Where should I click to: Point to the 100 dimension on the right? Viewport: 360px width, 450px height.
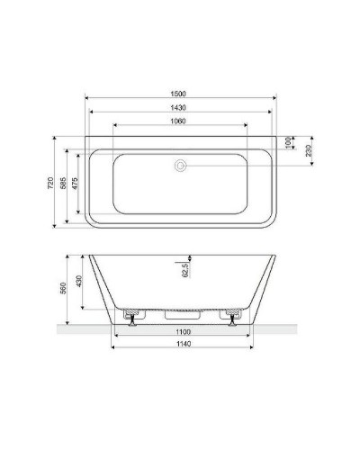tap(289, 142)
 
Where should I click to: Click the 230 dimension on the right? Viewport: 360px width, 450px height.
tap(309, 150)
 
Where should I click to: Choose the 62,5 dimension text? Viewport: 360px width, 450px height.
tap(186, 270)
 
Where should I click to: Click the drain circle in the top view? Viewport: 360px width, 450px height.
tap(181, 165)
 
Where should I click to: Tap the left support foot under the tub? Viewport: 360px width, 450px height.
tap(132, 318)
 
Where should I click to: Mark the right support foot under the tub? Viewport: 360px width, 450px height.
tap(232, 318)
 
